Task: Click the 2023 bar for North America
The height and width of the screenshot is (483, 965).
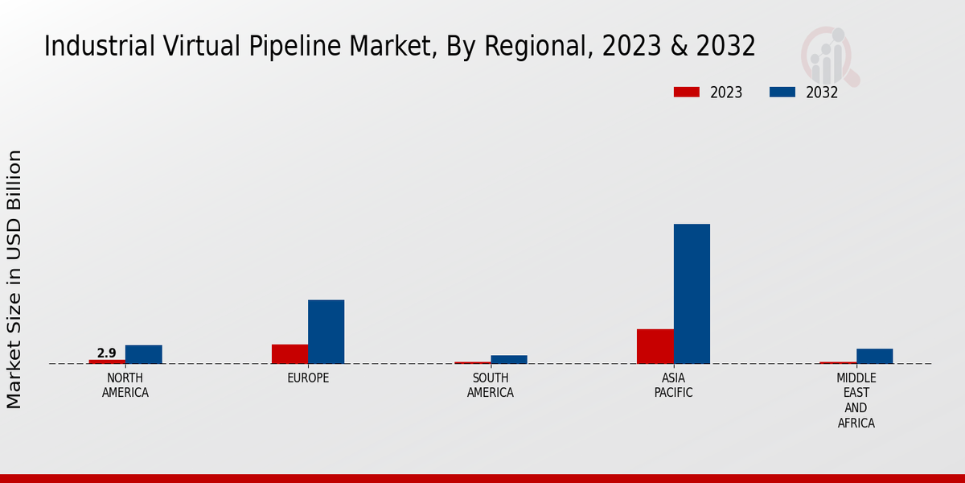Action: coord(107,361)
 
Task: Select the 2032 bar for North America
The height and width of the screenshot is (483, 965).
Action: coord(143,354)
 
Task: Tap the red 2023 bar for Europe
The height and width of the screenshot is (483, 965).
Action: coord(289,354)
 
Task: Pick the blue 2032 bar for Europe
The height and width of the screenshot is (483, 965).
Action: coord(326,332)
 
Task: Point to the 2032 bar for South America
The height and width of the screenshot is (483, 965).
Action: coord(509,359)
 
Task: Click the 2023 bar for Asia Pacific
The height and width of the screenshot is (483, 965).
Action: coord(655,346)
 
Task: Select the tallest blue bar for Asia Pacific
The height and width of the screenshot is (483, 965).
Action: coord(692,294)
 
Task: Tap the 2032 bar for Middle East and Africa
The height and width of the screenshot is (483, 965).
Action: coord(874,356)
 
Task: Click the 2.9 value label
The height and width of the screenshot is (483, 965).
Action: coord(106,353)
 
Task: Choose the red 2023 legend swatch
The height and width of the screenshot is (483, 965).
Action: coord(686,93)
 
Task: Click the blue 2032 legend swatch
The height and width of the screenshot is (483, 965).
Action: coord(782,93)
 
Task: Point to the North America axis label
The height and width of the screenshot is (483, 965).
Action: coord(125,386)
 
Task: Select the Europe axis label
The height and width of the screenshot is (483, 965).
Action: coord(308,378)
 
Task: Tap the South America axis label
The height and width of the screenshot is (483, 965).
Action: coord(491,386)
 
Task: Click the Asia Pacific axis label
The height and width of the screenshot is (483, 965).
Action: coord(673,386)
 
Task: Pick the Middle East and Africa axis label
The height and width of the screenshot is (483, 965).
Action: coord(856,401)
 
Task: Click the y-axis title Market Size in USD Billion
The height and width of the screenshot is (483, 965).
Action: coord(14,279)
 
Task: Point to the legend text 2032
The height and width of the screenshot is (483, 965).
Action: coord(822,93)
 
